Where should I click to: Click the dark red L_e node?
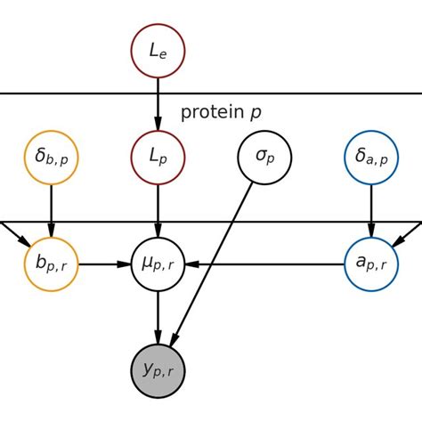pyautogui.click(x=158, y=53)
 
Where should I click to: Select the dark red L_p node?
pyautogui.click(x=158, y=158)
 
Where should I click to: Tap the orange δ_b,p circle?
pyautogui.click(x=52, y=158)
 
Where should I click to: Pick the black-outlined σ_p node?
pyautogui.click(x=264, y=158)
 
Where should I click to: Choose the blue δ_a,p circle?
pyautogui.click(x=370, y=158)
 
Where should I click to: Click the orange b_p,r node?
pyautogui.click(x=52, y=264)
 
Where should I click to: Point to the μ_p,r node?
pyautogui.click(x=158, y=264)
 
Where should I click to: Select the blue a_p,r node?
pyautogui.click(x=370, y=264)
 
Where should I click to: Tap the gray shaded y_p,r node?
pyautogui.click(x=158, y=369)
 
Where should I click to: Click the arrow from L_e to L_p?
pyautogui.click(x=158, y=105)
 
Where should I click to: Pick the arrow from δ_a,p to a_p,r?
pyautogui.click(x=370, y=210)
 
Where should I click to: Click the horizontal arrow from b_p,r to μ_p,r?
pyautogui.click(x=104, y=264)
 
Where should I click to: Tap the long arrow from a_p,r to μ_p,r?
pyautogui.click(x=267, y=264)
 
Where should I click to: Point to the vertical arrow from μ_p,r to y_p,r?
pyautogui.click(x=158, y=316)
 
